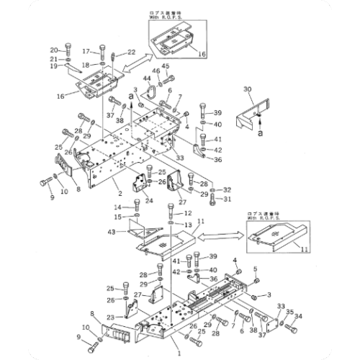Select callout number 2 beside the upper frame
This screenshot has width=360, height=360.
coord(120,194)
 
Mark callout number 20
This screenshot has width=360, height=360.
coord(54,50)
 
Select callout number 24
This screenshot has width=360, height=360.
coord(149,200)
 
